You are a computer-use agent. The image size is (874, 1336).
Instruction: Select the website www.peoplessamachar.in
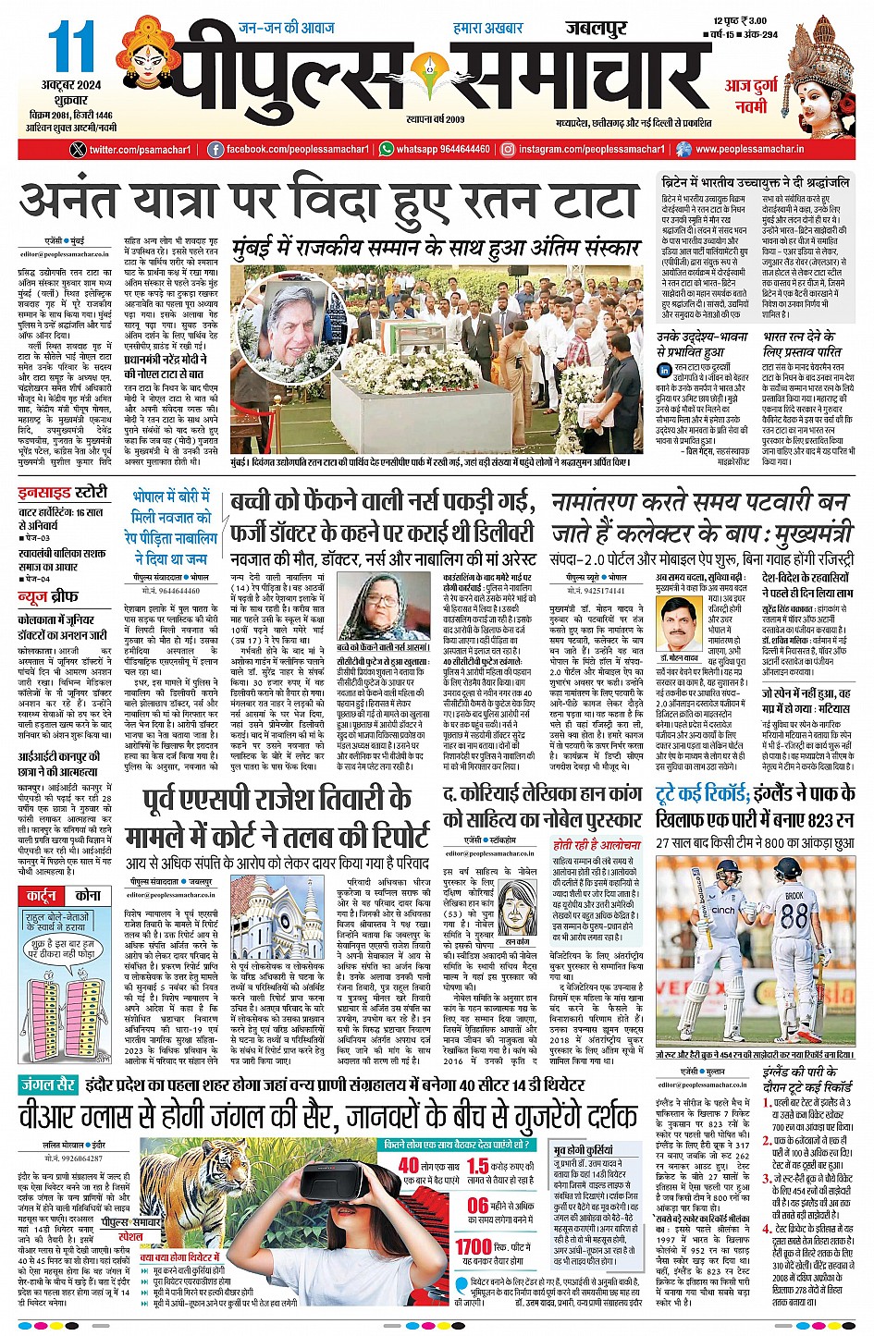(x=749, y=149)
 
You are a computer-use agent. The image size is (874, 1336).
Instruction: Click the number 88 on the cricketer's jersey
(x=793, y=915)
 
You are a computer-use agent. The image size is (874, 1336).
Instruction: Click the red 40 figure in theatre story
(x=409, y=1167)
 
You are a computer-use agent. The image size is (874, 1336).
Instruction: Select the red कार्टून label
(x=42, y=896)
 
